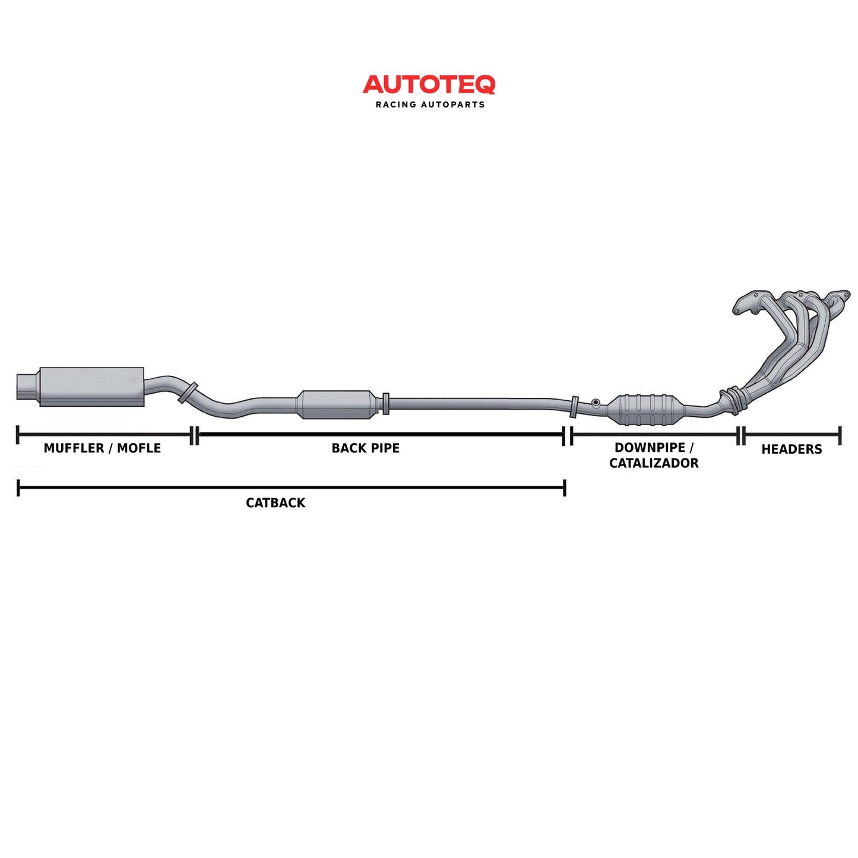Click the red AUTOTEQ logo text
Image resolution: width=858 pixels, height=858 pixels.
click(429, 84)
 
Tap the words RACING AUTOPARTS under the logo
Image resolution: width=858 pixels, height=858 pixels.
click(430, 105)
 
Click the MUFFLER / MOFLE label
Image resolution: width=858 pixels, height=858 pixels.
click(102, 448)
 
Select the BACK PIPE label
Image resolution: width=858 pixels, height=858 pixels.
click(365, 448)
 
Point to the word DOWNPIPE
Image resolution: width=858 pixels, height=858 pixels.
click(650, 448)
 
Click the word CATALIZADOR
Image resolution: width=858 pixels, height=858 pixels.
click(654, 463)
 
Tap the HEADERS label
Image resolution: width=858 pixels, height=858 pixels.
click(791, 449)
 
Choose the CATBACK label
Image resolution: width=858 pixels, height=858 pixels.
click(276, 503)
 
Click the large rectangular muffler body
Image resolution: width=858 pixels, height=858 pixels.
click(91, 387)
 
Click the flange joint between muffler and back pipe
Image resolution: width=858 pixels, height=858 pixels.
click(188, 393)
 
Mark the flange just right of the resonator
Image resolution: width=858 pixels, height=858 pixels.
click(386, 404)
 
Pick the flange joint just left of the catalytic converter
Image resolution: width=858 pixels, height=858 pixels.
click(574, 407)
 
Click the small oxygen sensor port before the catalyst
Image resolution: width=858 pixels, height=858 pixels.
click(596, 404)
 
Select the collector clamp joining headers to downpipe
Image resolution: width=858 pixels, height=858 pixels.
click(732, 400)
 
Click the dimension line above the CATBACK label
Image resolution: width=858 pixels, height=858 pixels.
click(291, 488)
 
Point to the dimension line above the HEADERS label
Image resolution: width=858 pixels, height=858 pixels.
click(791, 435)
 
